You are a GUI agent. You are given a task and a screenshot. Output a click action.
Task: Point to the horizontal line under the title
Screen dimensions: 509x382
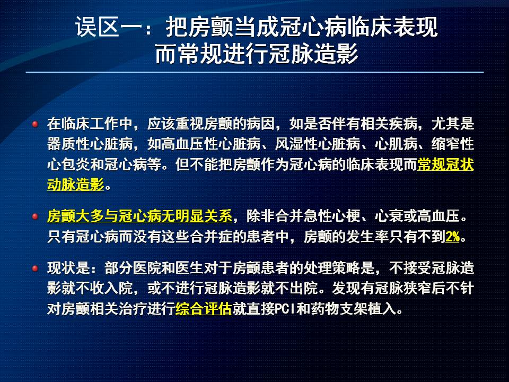coord(255,72)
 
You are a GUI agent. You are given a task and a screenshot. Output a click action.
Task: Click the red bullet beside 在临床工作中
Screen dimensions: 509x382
coord(35,124)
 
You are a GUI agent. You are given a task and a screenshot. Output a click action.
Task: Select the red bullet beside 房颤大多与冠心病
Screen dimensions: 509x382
coord(35,216)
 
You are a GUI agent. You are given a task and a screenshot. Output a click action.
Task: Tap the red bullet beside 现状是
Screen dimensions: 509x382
coord(35,268)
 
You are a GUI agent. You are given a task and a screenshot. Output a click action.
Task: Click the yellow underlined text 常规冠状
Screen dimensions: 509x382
coord(445,164)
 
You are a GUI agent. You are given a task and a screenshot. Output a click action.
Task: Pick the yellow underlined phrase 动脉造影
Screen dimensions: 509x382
coord(75,185)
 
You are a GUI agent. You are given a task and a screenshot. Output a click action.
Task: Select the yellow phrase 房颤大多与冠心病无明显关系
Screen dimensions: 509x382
coord(139,216)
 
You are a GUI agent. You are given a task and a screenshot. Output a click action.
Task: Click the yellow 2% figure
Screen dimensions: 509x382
coord(453,237)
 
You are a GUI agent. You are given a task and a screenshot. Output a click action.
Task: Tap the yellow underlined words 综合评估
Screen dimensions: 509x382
coord(204,309)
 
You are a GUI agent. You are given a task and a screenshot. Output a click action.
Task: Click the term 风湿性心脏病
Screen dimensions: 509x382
coord(318,144)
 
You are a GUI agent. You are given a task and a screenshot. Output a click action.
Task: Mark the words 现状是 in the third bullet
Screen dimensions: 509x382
coord(68,268)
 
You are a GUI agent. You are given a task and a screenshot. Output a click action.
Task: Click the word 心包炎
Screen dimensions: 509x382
coord(68,164)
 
